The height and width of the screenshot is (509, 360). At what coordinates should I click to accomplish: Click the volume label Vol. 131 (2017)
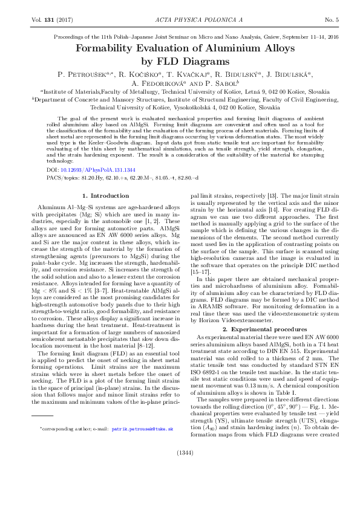(x=50, y=20)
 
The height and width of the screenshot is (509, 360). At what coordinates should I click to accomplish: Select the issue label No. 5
(x=331, y=20)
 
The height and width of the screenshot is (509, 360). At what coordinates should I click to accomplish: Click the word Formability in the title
(x=110, y=48)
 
